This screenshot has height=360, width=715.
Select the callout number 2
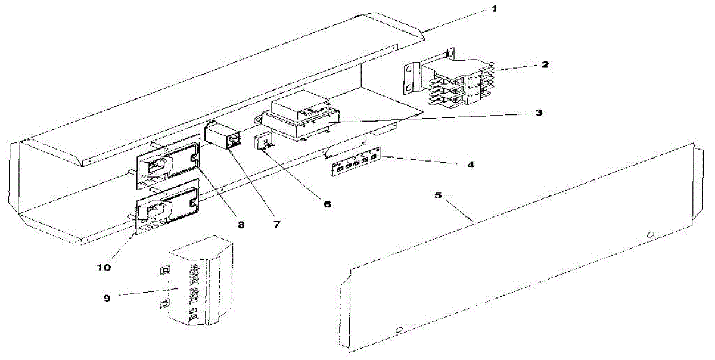[x=545, y=64]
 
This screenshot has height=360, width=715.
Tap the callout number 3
[x=538, y=111]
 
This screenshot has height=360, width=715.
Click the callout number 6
[x=327, y=203]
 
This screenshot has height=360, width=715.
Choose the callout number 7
[x=277, y=224]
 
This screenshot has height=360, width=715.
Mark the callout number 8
[x=241, y=224]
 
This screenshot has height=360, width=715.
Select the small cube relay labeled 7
[x=222, y=134]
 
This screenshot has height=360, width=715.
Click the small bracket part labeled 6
[x=263, y=142]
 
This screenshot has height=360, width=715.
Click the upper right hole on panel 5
[x=651, y=234]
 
